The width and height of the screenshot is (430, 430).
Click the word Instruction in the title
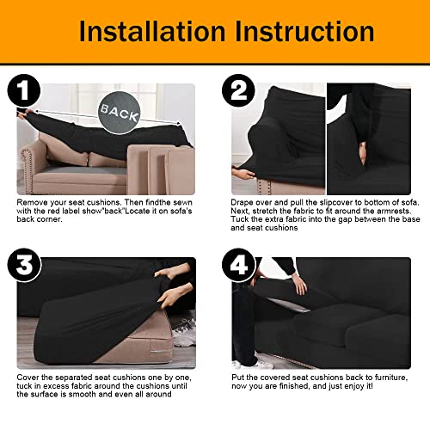[x=298, y=31]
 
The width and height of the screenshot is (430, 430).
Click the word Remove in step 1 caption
[x=35, y=202]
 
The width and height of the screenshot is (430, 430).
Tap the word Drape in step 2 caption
[x=245, y=202]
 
